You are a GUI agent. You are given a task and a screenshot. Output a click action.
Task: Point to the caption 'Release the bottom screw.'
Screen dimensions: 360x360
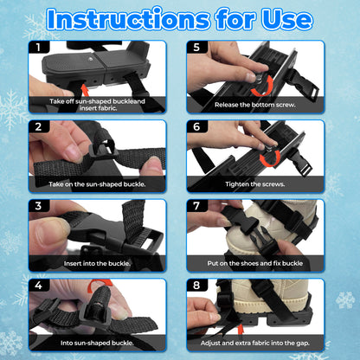(x=255, y=105)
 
